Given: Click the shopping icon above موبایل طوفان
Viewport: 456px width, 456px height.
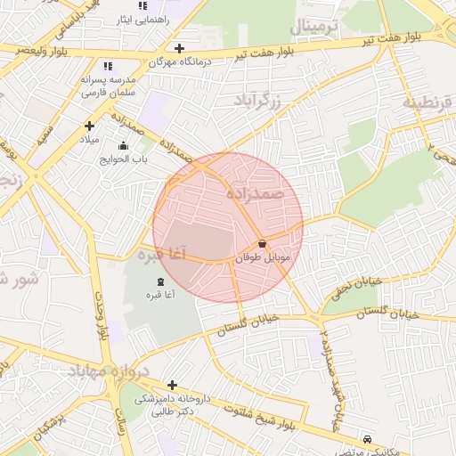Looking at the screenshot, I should pos(262,243).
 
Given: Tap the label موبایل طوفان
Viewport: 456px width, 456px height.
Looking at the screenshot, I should pos(262,256).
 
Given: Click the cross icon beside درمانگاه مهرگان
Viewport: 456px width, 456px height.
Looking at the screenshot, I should pos(180,48).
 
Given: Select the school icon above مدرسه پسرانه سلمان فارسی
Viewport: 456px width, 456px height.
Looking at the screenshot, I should pos(108,66).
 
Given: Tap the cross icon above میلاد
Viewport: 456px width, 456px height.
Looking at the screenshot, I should pos(89,126).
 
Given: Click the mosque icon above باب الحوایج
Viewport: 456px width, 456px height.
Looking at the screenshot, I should pos(123,145).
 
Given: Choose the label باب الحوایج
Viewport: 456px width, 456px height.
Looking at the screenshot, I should pos(126,159).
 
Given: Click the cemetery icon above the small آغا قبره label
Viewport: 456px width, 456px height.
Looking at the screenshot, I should pos(160,281).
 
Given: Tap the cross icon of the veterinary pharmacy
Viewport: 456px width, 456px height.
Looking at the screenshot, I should pos(171,385).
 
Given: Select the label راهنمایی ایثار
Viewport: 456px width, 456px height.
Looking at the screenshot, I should pos(138,19).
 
